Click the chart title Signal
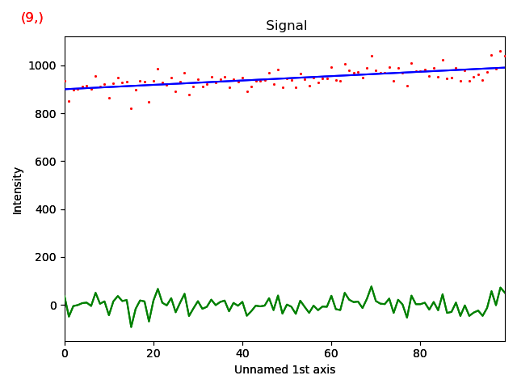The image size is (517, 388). [x=287, y=26]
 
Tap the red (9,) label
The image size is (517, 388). [x=32, y=18]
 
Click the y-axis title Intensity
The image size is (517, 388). [x=18, y=191]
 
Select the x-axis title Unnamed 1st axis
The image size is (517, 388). [x=284, y=369]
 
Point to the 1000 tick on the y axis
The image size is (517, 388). [x=44, y=65]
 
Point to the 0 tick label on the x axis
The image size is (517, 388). [x=65, y=353]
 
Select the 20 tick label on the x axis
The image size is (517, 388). [x=153, y=353]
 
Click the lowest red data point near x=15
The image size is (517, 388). [x=131, y=108]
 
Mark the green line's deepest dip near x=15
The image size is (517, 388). [x=131, y=327]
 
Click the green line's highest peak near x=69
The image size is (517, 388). [x=372, y=287]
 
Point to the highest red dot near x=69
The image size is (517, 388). [x=372, y=56]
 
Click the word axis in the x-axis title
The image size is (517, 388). [x=324, y=369]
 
